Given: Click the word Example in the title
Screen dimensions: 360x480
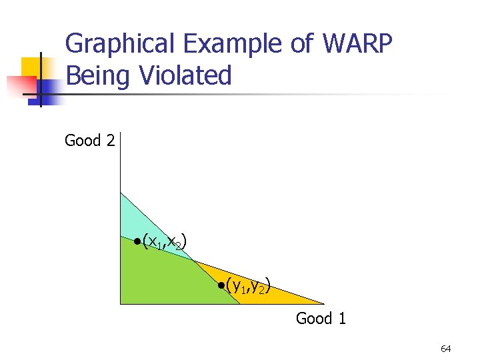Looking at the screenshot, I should pos(229,44).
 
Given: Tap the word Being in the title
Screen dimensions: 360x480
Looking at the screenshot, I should pos(100,75).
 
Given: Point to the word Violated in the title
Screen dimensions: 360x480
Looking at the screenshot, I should pos(185,75).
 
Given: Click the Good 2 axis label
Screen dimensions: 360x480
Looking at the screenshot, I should pos(89,141).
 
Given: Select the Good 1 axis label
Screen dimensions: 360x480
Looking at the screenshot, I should pos(321,319).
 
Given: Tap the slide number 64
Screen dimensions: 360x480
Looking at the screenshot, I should pos(445,349).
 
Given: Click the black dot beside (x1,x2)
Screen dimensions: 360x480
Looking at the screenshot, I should pos(136,241).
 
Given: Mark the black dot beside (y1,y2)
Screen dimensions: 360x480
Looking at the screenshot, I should pos(221,287).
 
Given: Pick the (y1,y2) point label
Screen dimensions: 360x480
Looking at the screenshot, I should pos(248,287).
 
